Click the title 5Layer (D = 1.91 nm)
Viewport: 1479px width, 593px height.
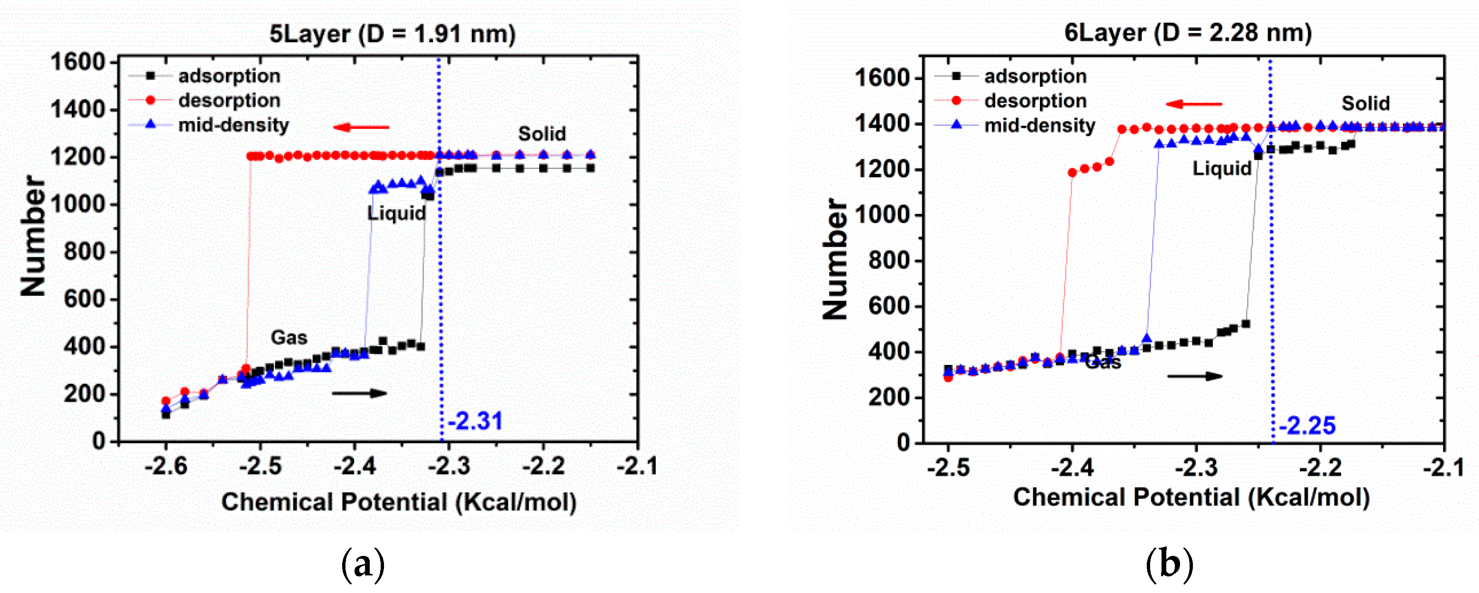[x=393, y=34]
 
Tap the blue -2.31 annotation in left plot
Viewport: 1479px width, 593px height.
[x=475, y=421]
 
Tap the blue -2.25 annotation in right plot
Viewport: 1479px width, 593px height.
[x=1307, y=425]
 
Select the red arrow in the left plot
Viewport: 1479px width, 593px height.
[x=361, y=127]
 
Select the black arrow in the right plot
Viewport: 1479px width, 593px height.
[x=1195, y=377]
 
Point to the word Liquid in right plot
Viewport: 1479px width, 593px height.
[x=1222, y=168]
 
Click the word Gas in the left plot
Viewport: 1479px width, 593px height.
[x=289, y=337]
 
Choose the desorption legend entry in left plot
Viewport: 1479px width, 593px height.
[x=229, y=100]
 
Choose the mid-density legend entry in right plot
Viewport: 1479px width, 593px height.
[x=1039, y=125]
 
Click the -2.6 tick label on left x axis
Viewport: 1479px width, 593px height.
[x=166, y=466]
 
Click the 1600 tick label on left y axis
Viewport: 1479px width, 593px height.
[x=78, y=62]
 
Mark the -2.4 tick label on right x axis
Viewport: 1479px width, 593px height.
[x=1072, y=468]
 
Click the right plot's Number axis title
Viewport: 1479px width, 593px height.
[x=836, y=259]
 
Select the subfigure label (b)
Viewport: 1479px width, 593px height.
[x=1170, y=564]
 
